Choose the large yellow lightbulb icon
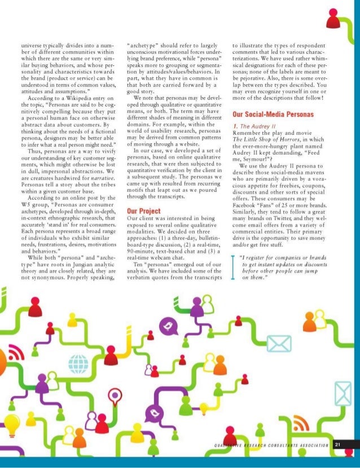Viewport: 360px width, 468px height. coord(13,422)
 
